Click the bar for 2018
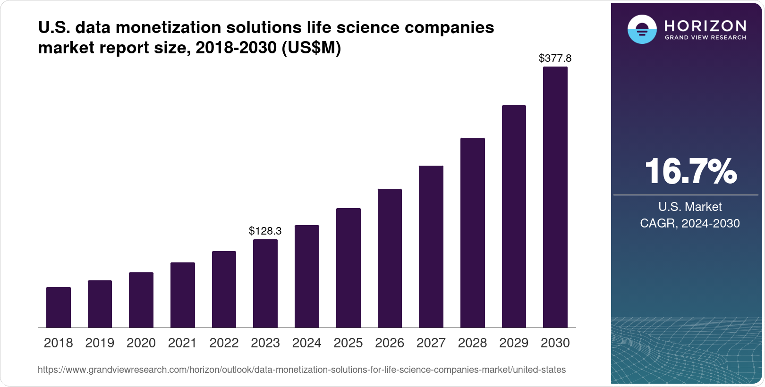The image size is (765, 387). [x=59, y=307]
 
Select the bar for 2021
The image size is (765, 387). [x=183, y=295]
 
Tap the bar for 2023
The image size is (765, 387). [x=265, y=283]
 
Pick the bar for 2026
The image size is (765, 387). [x=390, y=258]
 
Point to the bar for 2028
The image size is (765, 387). [x=473, y=233]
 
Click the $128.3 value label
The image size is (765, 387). [x=265, y=231]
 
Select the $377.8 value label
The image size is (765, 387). [x=555, y=58]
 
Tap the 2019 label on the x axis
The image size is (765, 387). [x=100, y=343]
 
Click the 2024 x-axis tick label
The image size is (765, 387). [x=307, y=343]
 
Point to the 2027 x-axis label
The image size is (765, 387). [x=431, y=343]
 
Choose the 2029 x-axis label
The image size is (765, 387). [x=514, y=343]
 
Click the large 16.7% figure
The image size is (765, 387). [x=690, y=171]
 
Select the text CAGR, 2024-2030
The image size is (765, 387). [x=690, y=223]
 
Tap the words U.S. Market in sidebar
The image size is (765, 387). [x=690, y=207]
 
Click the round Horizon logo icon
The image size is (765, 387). [x=642, y=29]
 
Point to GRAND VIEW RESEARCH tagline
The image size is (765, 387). [x=705, y=37]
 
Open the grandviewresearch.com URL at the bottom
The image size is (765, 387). [x=301, y=370]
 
